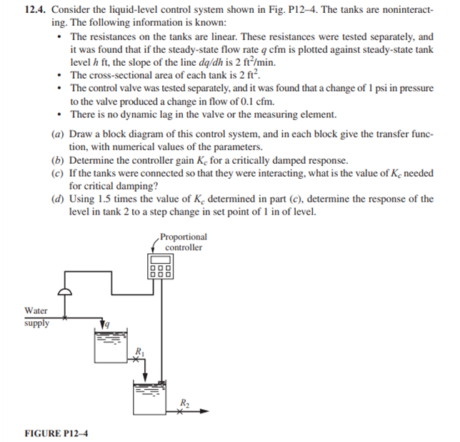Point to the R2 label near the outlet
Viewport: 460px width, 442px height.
click(183, 402)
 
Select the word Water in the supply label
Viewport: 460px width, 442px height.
click(36, 310)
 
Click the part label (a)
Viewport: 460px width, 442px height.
click(57, 133)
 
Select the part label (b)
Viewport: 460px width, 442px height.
click(57, 159)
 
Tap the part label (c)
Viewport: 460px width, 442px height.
click(57, 172)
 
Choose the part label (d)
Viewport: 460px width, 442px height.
click(57, 199)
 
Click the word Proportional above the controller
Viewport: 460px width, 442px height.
click(184, 237)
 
